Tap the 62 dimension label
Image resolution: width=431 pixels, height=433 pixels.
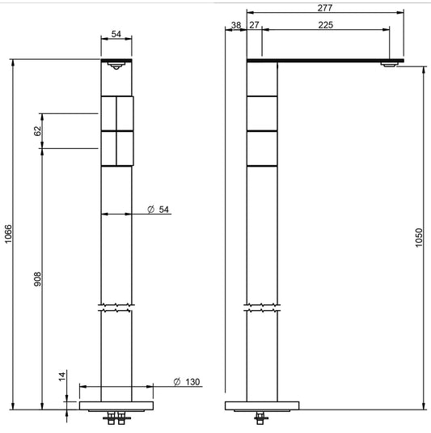pyautogui.click(x=38, y=131)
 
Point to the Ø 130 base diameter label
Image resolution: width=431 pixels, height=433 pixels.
pyautogui.click(x=187, y=382)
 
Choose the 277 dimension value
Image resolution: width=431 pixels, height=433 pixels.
pyautogui.click(x=325, y=6)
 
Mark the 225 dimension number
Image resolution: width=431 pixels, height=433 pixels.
pyautogui.click(x=325, y=25)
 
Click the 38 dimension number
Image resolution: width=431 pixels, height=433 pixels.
pyautogui.click(x=235, y=25)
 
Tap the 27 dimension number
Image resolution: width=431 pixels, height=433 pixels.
pyautogui.click(x=255, y=25)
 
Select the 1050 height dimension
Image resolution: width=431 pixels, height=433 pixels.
pyautogui.click(x=419, y=236)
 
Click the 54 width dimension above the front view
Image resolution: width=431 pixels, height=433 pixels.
pyautogui.click(x=116, y=34)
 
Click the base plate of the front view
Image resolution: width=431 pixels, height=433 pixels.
pyautogui.click(x=116, y=405)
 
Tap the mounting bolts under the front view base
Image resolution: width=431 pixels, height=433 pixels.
pyautogui.click(x=116, y=418)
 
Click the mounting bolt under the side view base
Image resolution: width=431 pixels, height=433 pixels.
pyautogui.click(x=260, y=418)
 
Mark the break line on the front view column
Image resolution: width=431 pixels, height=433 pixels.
pyautogui.click(x=116, y=308)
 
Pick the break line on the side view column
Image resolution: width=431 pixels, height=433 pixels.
pyautogui.click(x=262, y=308)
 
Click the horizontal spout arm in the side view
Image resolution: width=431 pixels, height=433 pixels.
pyautogui.click(x=323, y=60)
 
